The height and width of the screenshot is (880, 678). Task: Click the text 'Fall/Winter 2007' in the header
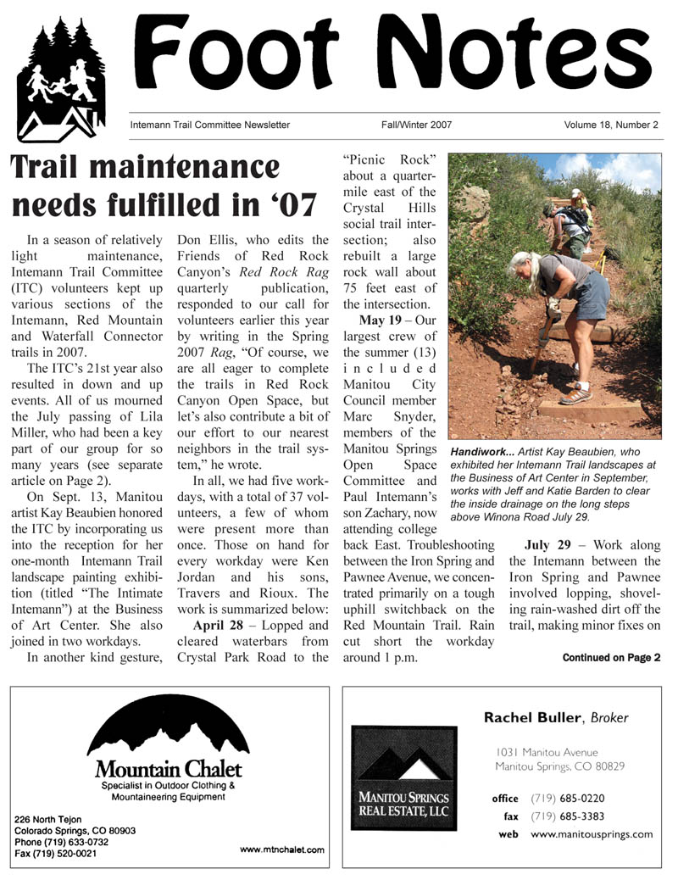[x=416, y=125]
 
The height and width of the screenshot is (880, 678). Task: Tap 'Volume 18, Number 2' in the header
[x=611, y=125]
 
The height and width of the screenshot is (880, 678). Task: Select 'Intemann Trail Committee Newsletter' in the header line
[x=210, y=125]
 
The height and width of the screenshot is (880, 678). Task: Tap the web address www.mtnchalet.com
[x=282, y=849]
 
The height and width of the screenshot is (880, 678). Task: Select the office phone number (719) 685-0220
[x=568, y=798]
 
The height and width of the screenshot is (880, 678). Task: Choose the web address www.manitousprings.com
[x=592, y=834]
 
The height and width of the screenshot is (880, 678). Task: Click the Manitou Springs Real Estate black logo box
[x=403, y=778]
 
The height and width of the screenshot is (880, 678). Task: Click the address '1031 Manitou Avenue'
[x=547, y=752]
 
